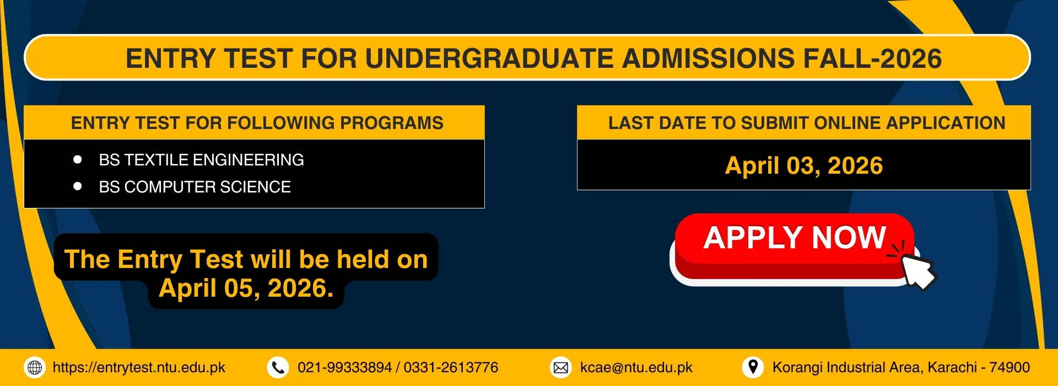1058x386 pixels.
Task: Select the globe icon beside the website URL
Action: (35, 367)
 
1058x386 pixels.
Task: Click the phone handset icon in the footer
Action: (278, 367)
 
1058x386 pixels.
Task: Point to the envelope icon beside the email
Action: (561, 367)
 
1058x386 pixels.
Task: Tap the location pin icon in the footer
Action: (753, 367)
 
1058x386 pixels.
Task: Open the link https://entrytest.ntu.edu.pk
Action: (139, 368)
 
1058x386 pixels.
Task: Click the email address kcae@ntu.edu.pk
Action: (636, 368)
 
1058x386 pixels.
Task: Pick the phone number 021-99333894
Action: (344, 368)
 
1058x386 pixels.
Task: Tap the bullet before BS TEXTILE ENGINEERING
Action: (78, 159)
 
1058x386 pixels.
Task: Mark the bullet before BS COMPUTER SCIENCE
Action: (78, 186)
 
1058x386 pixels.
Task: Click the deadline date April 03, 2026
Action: (804, 165)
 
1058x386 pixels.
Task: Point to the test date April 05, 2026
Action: (246, 288)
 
